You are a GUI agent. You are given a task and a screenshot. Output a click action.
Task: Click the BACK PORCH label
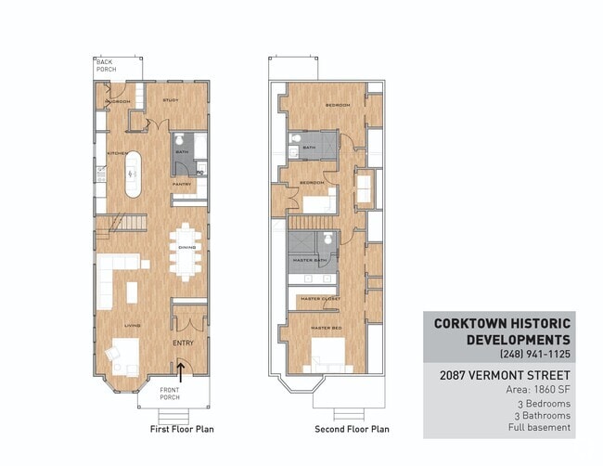(x=104, y=66)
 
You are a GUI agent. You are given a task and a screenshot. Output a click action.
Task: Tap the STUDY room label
(x=170, y=100)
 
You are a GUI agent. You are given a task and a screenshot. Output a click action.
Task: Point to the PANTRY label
(x=181, y=184)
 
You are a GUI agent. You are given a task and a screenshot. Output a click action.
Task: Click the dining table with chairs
(x=186, y=250)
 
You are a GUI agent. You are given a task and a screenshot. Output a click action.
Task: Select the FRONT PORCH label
(x=170, y=394)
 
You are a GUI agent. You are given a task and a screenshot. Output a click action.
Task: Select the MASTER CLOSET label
(x=317, y=299)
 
